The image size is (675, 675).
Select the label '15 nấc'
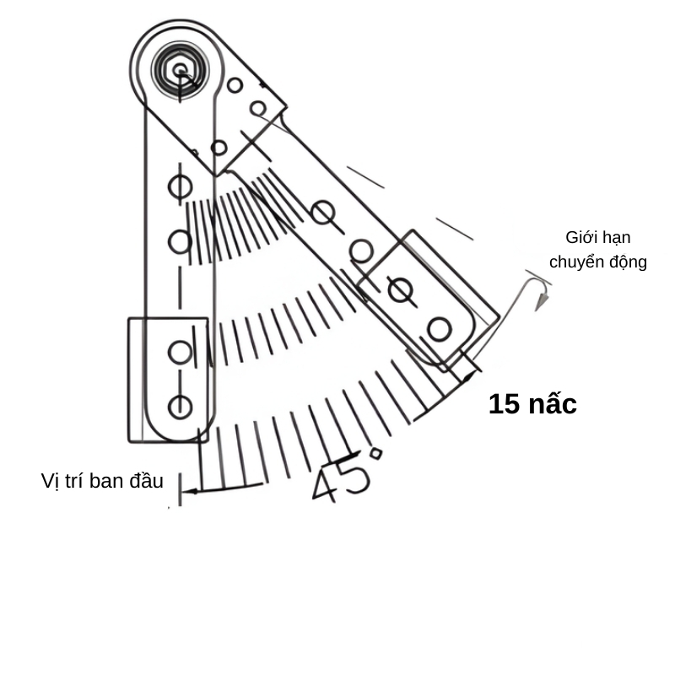[532, 404]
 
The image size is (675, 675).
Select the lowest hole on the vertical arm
[180, 407]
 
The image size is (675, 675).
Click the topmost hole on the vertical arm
[179, 186]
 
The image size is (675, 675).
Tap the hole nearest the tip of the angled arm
[438, 328]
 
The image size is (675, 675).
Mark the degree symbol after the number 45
[375, 454]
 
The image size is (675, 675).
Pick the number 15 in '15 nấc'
[504, 404]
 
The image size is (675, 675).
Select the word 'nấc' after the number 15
[553, 404]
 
